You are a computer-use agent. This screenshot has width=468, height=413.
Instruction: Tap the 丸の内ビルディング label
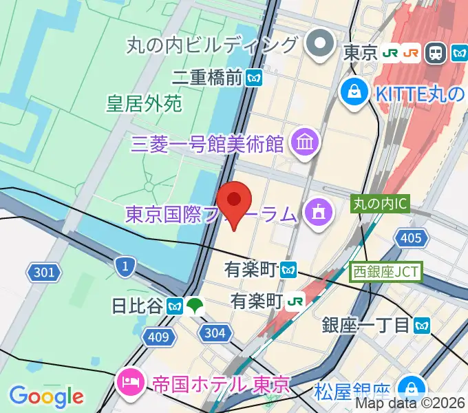213,45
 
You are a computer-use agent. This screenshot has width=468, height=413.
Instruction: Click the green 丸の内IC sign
381,204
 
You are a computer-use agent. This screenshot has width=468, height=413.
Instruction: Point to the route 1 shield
125,266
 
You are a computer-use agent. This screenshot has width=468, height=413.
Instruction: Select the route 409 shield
158,337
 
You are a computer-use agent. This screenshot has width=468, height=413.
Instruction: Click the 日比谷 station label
137,305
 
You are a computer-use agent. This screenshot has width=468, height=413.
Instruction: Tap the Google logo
46,396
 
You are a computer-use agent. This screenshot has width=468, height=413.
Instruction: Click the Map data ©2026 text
410,403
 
